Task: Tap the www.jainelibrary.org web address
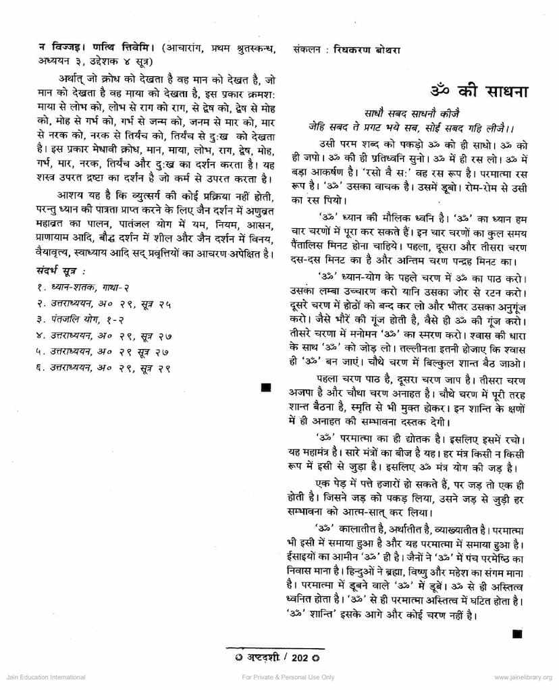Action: point(523,677)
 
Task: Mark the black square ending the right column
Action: point(517,633)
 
